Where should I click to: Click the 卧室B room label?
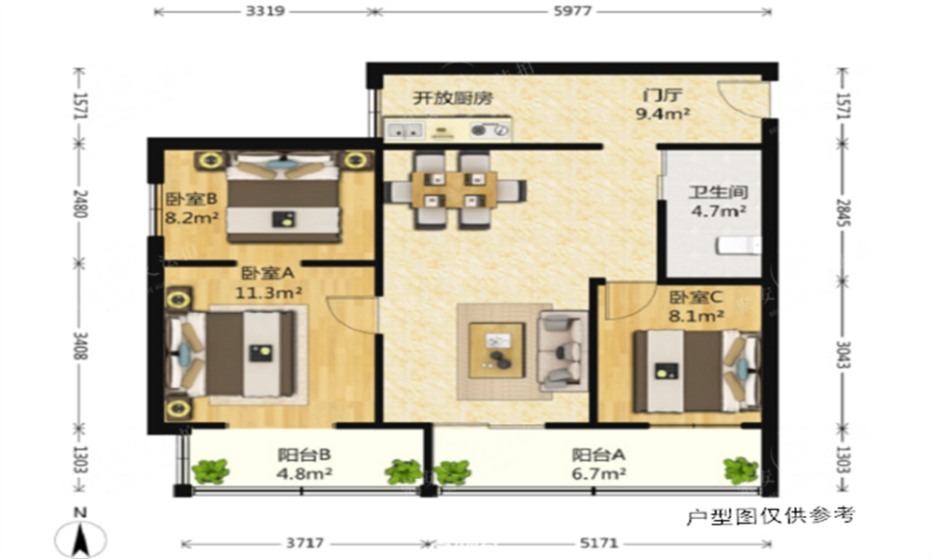click(x=191, y=198)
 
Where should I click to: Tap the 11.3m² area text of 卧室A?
click(x=268, y=293)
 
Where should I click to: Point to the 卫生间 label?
click(x=718, y=192)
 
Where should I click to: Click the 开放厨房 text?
click(x=453, y=98)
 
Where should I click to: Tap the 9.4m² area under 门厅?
click(x=663, y=114)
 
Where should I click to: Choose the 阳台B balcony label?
click(x=305, y=455)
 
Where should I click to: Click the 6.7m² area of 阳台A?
click(x=598, y=473)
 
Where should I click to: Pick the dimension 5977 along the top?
click(x=572, y=10)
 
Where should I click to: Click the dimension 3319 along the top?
click(x=265, y=10)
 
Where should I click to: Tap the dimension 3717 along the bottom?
click(x=305, y=543)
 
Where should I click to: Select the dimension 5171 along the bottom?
click(x=598, y=543)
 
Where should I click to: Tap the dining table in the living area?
click(x=455, y=190)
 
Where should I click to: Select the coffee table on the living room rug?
click(x=497, y=350)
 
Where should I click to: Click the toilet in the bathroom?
click(x=738, y=245)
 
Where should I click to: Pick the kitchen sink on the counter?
click(x=404, y=130)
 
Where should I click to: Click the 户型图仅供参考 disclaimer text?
click(x=771, y=515)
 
